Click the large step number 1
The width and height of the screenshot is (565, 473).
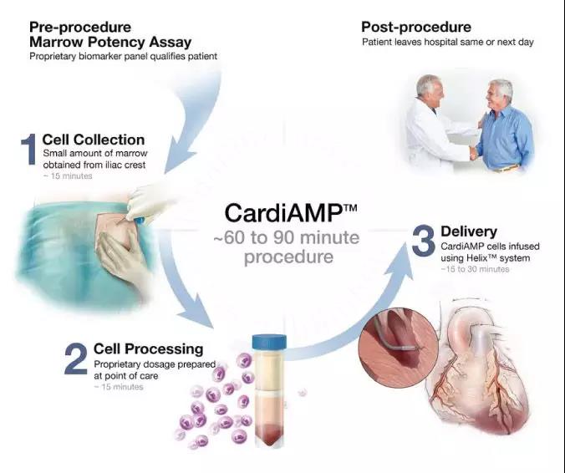click(x=28, y=149)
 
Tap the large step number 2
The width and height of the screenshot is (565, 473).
click(x=76, y=359)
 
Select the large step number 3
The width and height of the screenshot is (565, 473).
click(x=424, y=241)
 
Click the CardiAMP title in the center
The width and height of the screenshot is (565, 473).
click(x=290, y=213)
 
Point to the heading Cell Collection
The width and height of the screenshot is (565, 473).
click(x=94, y=140)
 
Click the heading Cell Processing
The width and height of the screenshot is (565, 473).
click(x=148, y=349)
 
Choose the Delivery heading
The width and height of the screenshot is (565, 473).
click(x=469, y=231)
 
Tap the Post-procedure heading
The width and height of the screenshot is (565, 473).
click(x=416, y=27)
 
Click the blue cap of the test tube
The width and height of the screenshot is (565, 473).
click(x=269, y=342)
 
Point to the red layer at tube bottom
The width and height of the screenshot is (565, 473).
click(x=269, y=434)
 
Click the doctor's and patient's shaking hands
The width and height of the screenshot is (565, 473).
click(x=473, y=154)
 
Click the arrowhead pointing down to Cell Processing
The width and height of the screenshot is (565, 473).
click(x=196, y=311)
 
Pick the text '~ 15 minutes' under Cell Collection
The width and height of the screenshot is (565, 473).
click(x=68, y=176)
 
